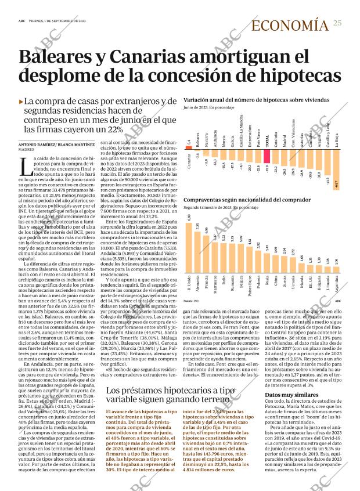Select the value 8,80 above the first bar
tap(189, 218)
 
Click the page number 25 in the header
tap(337, 23)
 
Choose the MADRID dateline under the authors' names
tap(27, 150)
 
